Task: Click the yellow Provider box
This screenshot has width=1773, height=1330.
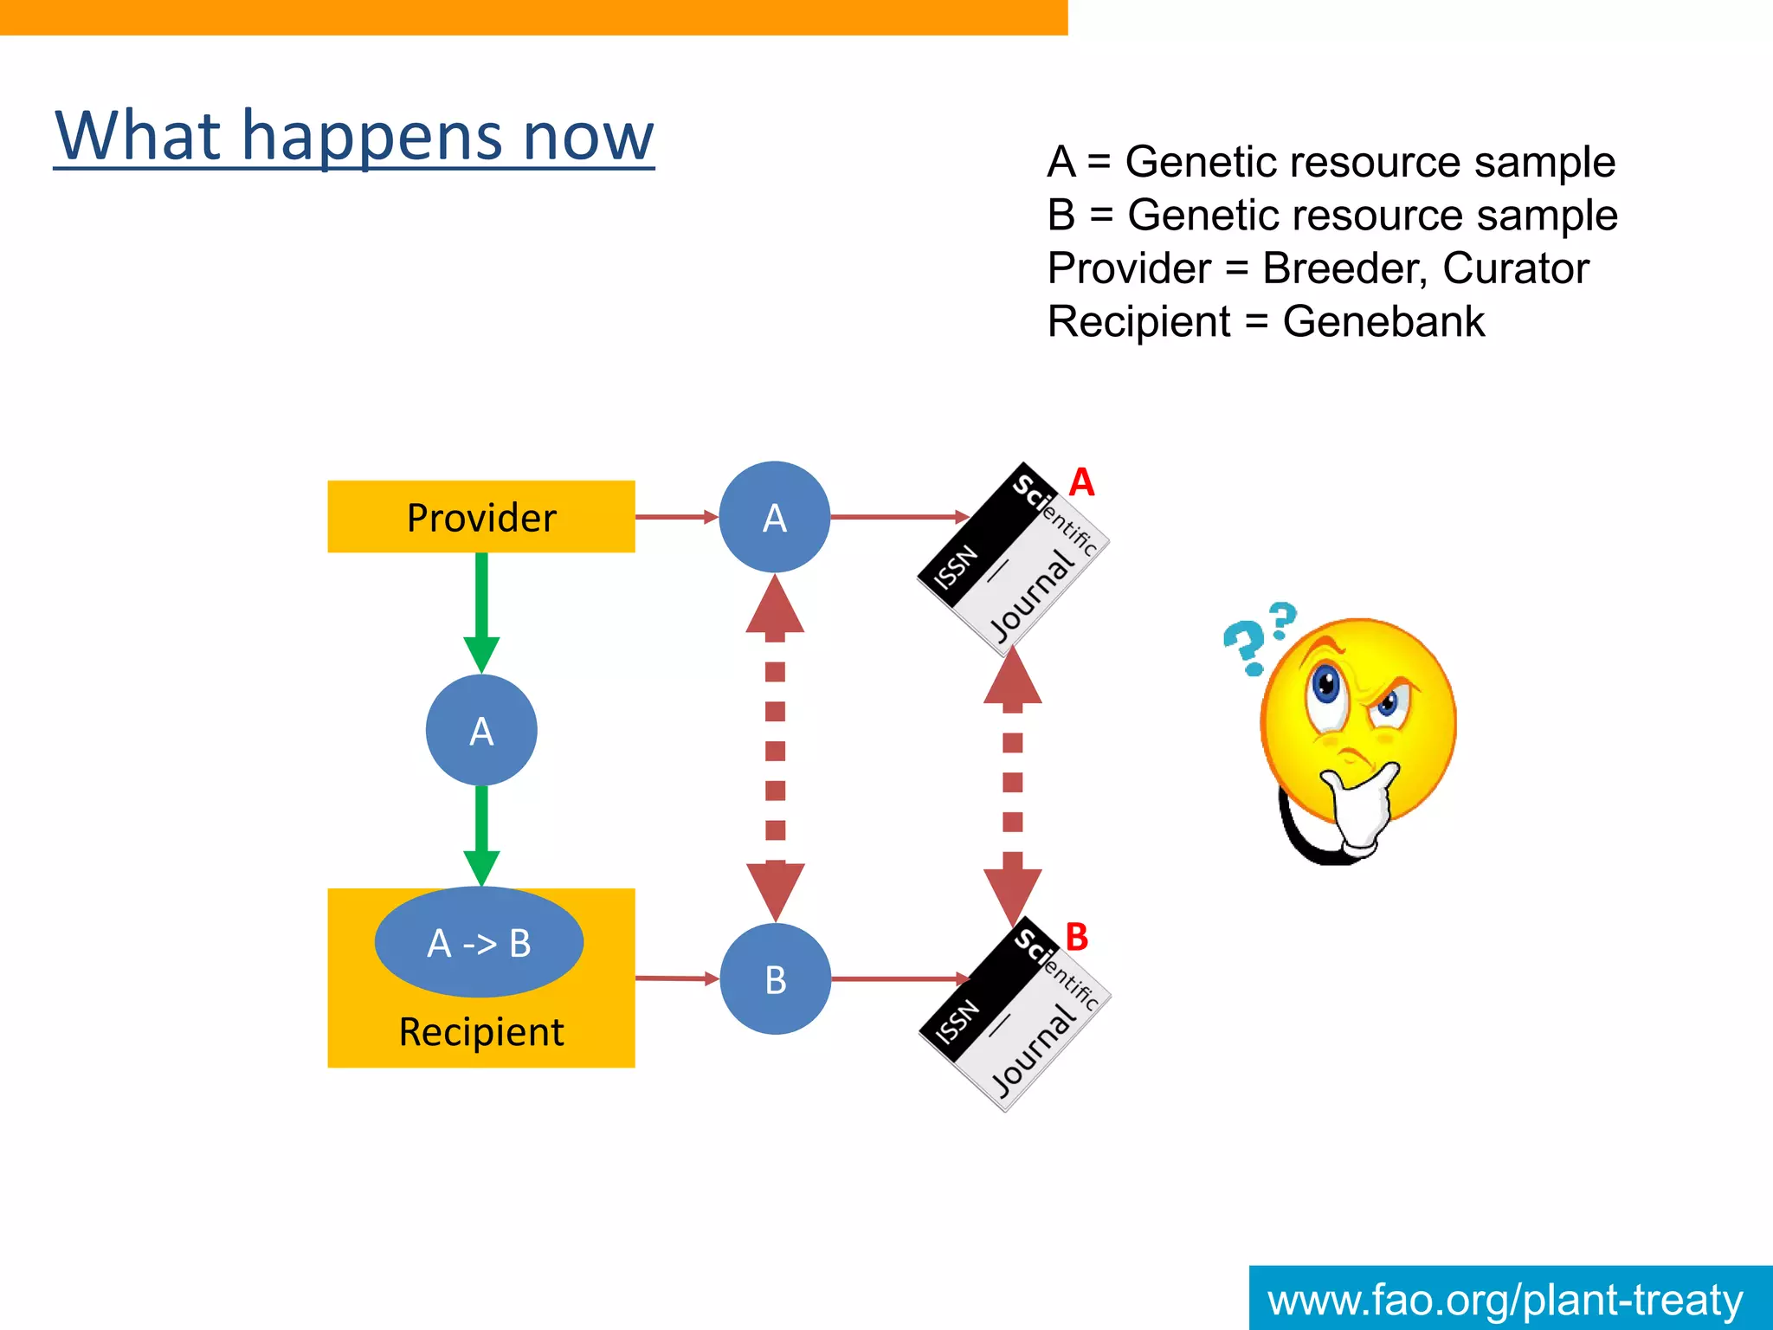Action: (x=481, y=517)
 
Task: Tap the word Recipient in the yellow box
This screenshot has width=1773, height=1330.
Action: (x=481, y=1032)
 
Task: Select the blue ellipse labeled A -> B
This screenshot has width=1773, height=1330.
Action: (x=479, y=942)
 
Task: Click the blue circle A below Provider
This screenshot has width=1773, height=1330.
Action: (x=481, y=731)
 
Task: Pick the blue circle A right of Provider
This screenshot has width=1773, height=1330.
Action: (x=775, y=518)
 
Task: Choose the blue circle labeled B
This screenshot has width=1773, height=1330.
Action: (x=776, y=979)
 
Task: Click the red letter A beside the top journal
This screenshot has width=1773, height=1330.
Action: (x=1081, y=482)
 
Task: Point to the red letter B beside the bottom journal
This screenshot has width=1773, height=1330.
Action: (x=1077, y=937)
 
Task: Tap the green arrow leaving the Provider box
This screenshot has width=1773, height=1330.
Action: (x=481, y=610)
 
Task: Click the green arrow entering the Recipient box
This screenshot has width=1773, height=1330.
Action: (x=481, y=836)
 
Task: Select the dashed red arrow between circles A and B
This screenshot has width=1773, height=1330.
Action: (x=776, y=749)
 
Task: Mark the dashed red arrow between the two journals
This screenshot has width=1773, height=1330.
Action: (x=1012, y=784)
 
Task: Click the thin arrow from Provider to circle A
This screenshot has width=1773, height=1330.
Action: (x=676, y=517)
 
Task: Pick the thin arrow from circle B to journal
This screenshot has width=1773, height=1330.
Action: (x=900, y=978)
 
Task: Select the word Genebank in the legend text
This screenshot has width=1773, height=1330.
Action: (x=1383, y=322)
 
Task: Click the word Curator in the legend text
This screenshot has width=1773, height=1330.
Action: (x=1515, y=268)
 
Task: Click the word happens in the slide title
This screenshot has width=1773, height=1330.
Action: (x=372, y=137)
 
